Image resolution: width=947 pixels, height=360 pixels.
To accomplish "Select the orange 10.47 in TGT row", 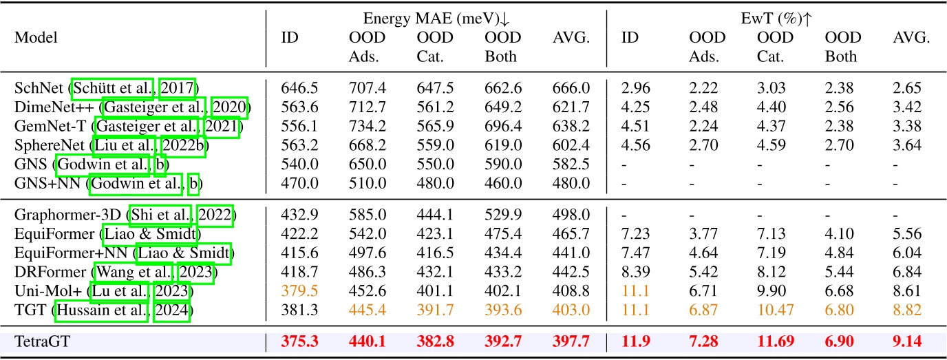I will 774,311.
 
